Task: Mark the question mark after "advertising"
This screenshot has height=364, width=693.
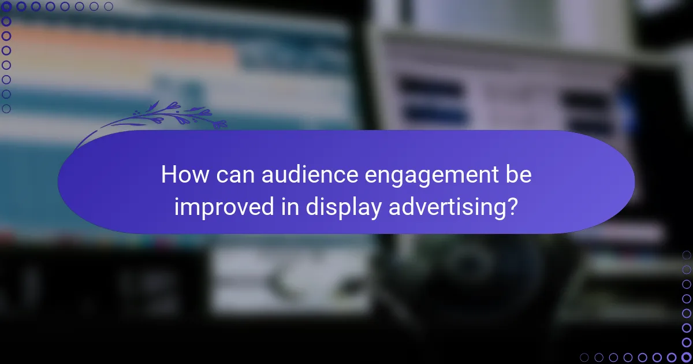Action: pos(511,206)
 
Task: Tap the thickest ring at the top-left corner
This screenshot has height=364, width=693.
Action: pos(6,7)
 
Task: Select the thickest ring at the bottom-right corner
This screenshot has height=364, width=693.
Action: pos(686,357)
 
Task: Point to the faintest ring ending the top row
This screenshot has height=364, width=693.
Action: pos(109,7)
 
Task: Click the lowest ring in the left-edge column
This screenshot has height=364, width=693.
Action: pos(6,108)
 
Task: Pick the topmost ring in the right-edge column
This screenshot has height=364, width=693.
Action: pos(686,255)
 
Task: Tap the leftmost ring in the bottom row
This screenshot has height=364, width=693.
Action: pos(584,357)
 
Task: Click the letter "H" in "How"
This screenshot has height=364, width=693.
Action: pos(167,174)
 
